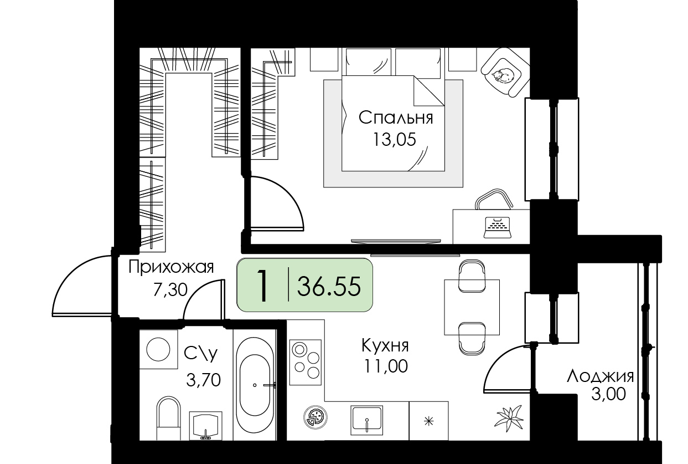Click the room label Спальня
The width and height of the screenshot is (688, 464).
coord(396,119)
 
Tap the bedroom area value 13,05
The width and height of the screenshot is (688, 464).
coord(395,140)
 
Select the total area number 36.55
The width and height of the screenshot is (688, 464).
coord(329,286)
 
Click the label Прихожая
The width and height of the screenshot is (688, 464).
coord(171,268)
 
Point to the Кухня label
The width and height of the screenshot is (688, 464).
coord(385,345)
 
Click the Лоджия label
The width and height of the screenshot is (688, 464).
coord(601,377)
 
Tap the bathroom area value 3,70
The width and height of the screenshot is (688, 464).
coord(203,380)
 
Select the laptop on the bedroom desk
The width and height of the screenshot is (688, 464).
coord(497,227)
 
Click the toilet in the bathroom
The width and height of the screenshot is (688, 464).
coord(168,419)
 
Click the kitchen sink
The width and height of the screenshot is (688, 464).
coord(367,420)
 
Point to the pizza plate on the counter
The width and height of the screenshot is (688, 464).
coord(315,418)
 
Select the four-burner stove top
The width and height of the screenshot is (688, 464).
coord(306,362)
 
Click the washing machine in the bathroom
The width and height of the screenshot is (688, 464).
coord(158,349)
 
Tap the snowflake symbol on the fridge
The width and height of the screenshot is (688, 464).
coord(429,421)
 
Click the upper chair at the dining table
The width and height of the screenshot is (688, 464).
coord(472,276)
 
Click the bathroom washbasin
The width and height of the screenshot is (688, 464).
coord(205,426)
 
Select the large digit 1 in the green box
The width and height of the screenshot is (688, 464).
coord(262,285)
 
